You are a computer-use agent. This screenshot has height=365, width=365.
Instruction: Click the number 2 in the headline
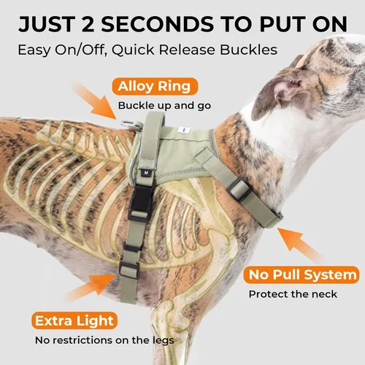pyautogui.click(x=88, y=24)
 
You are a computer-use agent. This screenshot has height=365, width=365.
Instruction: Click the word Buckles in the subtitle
pyautogui.click(x=248, y=50)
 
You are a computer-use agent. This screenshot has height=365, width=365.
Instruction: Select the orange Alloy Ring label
pyautogui.click(x=155, y=86)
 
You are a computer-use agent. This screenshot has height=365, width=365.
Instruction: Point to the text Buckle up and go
pyautogui.click(x=164, y=106)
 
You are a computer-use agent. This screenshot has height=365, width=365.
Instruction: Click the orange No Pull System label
pyautogui.click(x=301, y=275)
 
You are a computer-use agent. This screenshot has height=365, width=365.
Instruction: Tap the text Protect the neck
pyautogui.click(x=293, y=294)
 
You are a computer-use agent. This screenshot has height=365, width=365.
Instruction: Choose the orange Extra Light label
pyautogui.click(x=74, y=320)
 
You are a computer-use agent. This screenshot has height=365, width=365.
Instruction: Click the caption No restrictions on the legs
pyautogui.click(x=104, y=340)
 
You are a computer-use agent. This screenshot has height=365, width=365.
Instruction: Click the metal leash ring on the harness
pyautogui.click(x=129, y=124)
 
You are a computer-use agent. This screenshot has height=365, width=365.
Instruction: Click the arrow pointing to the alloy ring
pyautogui.click(x=96, y=101)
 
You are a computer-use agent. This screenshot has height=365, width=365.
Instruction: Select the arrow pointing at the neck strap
pyautogui.click(x=300, y=245)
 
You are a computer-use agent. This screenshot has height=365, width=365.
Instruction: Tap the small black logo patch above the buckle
pyautogui.click(x=147, y=172)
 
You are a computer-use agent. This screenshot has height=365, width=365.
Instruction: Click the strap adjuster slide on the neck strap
pyautogui.click(x=239, y=190)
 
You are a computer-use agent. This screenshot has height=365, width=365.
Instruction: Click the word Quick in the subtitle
pyautogui.click(x=133, y=50)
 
